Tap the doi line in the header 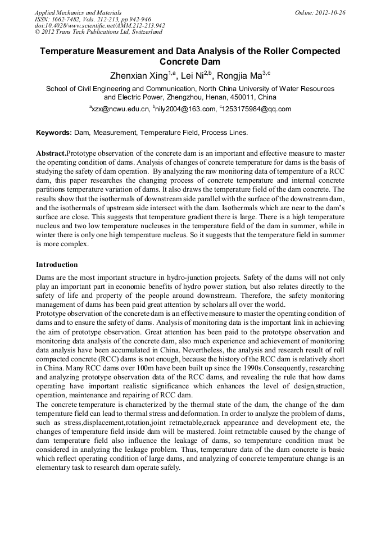99,25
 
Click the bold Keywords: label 54,133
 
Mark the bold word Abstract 51,153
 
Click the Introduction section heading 57,264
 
